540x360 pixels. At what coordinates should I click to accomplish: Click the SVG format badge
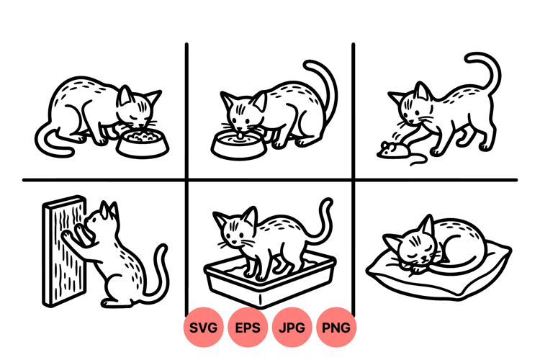point(204,327)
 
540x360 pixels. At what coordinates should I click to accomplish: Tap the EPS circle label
point(248,327)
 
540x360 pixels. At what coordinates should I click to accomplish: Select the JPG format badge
point(292,327)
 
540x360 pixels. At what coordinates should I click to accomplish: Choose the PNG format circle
point(336,327)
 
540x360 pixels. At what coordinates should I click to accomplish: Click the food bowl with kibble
point(143,144)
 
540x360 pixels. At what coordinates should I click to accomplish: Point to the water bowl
point(238,145)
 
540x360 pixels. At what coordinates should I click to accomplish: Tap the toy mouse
point(392,150)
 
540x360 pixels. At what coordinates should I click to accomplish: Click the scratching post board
point(63,251)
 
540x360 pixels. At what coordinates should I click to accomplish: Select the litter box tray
point(270,279)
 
